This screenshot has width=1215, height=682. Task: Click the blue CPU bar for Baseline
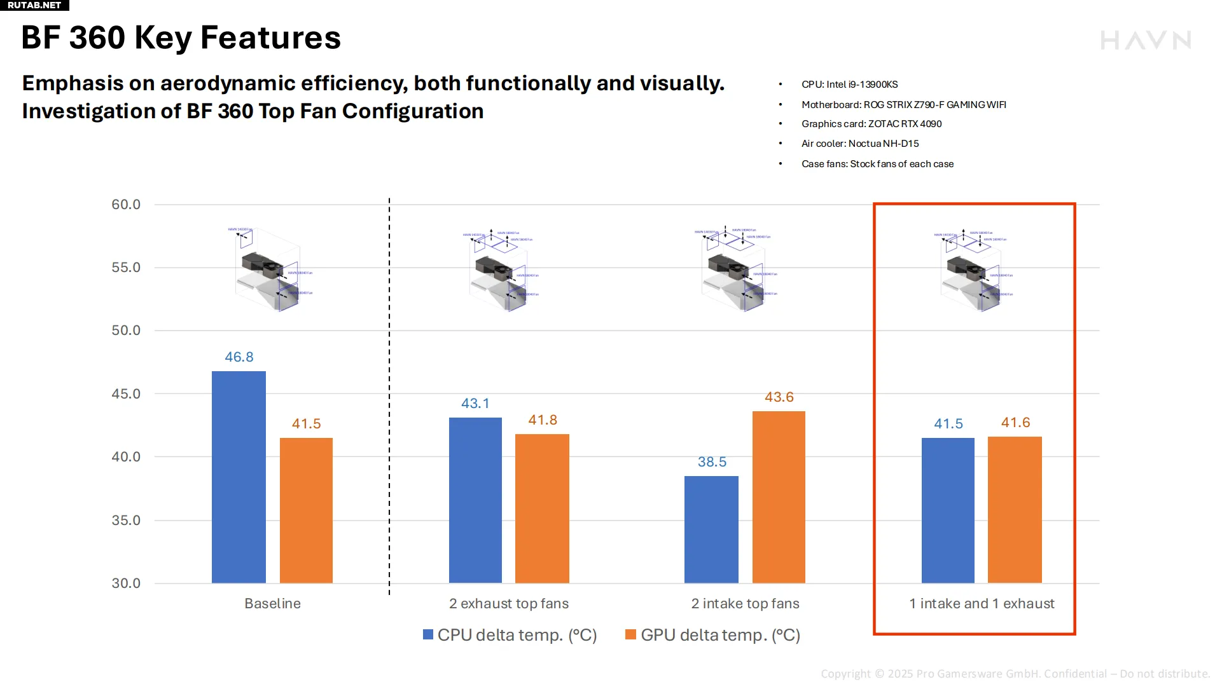(239, 477)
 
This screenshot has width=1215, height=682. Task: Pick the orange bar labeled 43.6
(779, 496)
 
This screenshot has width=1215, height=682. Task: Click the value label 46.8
(239, 357)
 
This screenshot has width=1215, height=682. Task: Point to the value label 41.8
(543, 420)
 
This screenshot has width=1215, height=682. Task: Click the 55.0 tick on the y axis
(126, 268)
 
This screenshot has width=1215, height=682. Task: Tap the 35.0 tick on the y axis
(126, 521)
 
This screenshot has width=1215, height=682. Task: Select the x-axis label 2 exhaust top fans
(509, 604)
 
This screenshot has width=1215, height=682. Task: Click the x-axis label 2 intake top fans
(745, 604)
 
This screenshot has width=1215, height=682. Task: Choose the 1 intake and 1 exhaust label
(982, 604)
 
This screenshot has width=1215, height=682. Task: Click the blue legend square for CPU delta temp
(428, 635)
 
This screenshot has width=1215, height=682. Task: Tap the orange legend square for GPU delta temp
(631, 635)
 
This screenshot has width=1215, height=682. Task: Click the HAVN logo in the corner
(1146, 41)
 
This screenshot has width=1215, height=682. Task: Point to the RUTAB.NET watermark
(34, 5)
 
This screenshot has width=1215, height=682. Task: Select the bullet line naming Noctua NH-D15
(860, 144)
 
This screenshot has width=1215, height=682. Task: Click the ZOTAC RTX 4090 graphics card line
(871, 124)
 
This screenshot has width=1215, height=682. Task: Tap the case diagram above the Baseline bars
(270, 270)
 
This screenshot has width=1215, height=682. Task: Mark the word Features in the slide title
(270, 38)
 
